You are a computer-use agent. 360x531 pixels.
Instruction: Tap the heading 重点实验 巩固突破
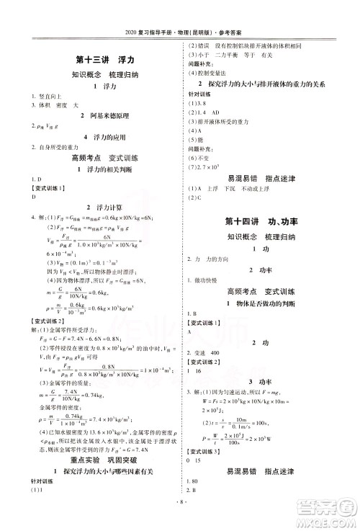tap(99, 461)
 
